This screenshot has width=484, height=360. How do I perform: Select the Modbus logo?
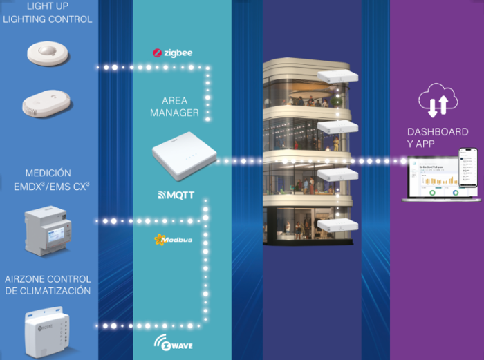click(x=172, y=240)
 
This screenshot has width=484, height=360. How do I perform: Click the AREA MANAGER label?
click(x=174, y=106)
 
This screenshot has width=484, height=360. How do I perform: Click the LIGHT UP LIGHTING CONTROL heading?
click(x=48, y=13)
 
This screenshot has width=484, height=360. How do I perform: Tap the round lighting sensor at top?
click(x=48, y=53)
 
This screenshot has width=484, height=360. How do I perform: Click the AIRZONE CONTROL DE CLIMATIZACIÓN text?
click(x=48, y=285)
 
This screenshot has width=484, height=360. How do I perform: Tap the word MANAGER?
click(x=174, y=113)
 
